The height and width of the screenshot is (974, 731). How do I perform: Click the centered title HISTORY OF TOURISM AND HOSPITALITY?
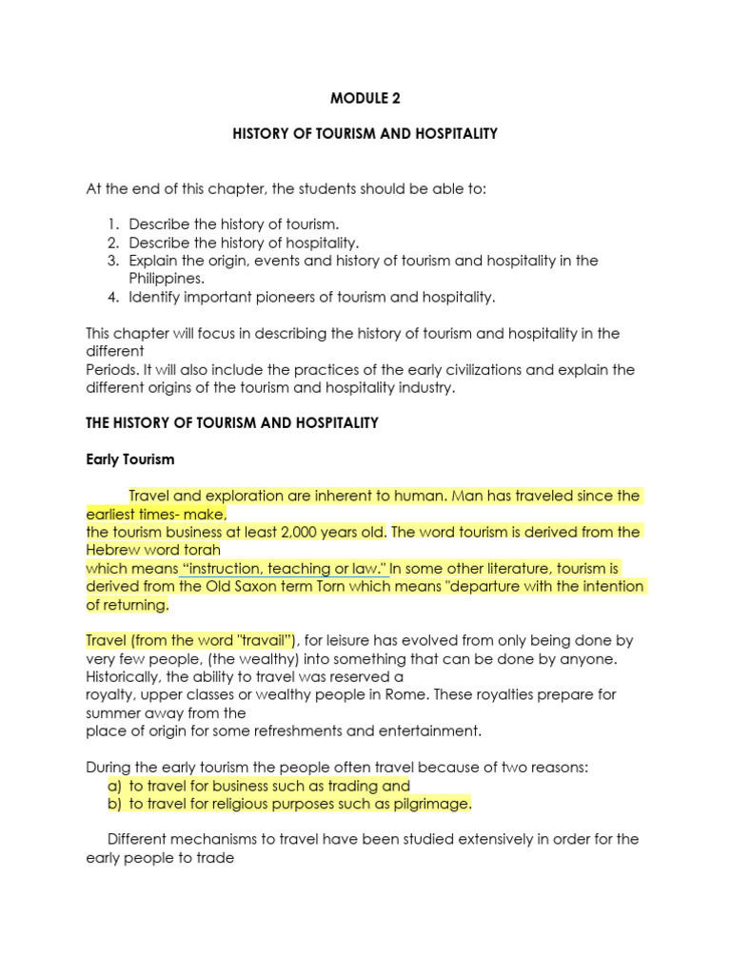pyautogui.click(x=365, y=134)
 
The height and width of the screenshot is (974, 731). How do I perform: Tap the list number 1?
pyautogui.click(x=112, y=224)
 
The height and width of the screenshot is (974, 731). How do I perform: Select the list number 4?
pyautogui.click(x=112, y=297)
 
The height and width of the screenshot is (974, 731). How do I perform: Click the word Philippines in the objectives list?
pyautogui.click(x=167, y=279)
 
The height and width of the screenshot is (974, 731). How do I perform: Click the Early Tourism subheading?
pyautogui.click(x=130, y=459)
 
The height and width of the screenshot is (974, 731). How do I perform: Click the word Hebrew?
pyautogui.click(x=114, y=550)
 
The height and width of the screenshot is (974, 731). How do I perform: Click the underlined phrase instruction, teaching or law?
pyautogui.click(x=283, y=568)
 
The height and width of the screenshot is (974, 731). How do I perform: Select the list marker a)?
pyautogui.click(x=114, y=786)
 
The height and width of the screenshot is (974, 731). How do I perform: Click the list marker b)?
pyautogui.click(x=114, y=804)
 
